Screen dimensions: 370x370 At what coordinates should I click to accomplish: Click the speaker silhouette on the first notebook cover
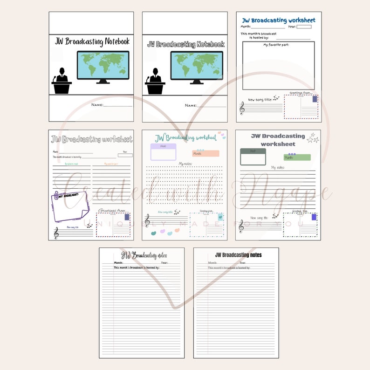(62, 81)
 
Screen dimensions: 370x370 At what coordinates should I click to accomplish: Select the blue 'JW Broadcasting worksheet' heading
(279, 21)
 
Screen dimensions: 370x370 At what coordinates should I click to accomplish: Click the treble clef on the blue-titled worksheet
(242, 109)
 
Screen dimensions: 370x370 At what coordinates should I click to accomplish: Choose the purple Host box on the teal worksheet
(163, 152)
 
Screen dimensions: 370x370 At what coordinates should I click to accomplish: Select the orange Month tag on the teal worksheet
(205, 153)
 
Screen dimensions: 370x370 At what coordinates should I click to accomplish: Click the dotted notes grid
(185, 184)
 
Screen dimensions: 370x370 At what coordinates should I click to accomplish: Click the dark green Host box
(253, 157)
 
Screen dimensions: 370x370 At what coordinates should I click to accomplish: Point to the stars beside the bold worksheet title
(313, 137)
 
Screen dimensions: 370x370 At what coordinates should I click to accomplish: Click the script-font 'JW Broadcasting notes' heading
(144, 255)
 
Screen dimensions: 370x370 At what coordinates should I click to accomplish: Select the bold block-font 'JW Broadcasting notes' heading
(238, 255)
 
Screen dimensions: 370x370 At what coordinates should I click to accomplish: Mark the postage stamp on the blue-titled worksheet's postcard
(315, 99)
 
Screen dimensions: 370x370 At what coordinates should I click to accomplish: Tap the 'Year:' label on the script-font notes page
(164, 263)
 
